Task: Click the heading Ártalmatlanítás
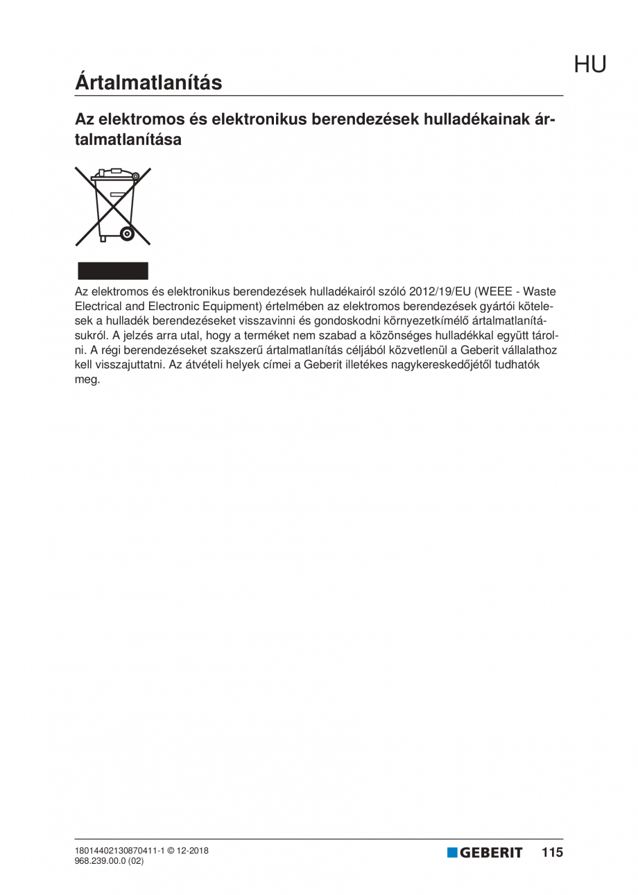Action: (x=148, y=83)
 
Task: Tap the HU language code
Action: (x=589, y=65)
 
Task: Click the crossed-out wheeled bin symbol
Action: (x=113, y=205)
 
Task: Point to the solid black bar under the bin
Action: (x=112, y=271)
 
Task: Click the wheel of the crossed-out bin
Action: (x=127, y=234)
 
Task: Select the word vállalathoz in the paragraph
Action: (x=529, y=350)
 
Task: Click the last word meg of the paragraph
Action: (x=87, y=380)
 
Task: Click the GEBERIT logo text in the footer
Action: (x=491, y=853)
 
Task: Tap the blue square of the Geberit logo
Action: (x=452, y=852)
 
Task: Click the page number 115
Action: (x=553, y=852)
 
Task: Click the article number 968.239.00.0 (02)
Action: (x=109, y=860)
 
